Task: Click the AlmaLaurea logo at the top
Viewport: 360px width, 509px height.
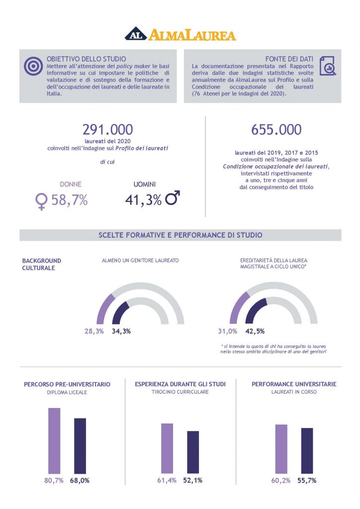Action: pyautogui.click(x=180, y=34)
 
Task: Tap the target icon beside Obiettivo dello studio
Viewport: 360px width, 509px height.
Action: pyautogui.click(x=33, y=66)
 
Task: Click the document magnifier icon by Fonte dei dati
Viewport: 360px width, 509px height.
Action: pyautogui.click(x=327, y=66)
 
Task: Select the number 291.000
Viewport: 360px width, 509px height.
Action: pyautogui.click(x=107, y=130)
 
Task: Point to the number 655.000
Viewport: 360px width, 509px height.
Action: pyautogui.click(x=276, y=130)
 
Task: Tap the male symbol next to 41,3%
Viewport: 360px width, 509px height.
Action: pyautogui.click(x=173, y=199)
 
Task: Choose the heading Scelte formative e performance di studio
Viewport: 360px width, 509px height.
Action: pyautogui.click(x=180, y=235)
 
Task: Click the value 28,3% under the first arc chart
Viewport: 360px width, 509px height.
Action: pyautogui.click(x=93, y=331)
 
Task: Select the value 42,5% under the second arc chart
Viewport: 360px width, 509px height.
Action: pyautogui.click(x=255, y=331)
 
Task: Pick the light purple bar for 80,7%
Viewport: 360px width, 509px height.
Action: pyautogui.click(x=54, y=440)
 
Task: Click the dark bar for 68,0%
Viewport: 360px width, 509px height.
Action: pyautogui.click(x=80, y=445)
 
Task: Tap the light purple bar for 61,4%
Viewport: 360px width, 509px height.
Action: pyautogui.click(x=167, y=448)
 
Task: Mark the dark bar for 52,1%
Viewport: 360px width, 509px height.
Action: pyautogui.click(x=193, y=452)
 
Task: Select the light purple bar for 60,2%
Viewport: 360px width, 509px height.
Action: pyautogui.click(x=281, y=448)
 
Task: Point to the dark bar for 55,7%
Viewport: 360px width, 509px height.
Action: pyautogui.click(x=307, y=450)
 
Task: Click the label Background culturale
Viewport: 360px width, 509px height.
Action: pyautogui.click(x=42, y=264)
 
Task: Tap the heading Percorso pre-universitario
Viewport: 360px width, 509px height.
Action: pyautogui.click(x=67, y=384)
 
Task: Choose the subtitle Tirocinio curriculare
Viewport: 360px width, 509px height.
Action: pyautogui.click(x=180, y=392)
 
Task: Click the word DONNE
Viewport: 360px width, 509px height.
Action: pyautogui.click(x=71, y=184)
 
